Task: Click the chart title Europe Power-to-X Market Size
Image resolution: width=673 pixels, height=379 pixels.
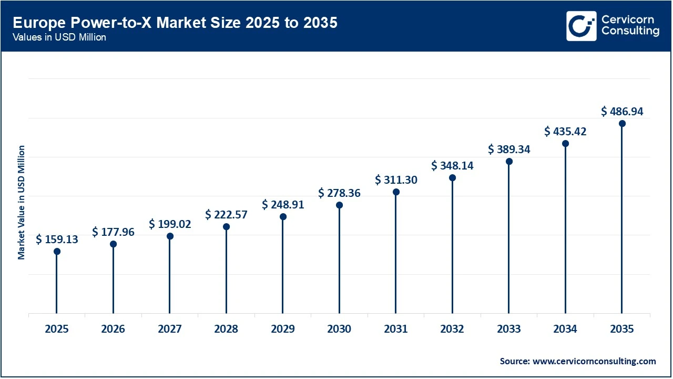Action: click(175, 23)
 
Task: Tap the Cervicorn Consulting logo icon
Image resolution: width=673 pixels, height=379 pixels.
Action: click(582, 26)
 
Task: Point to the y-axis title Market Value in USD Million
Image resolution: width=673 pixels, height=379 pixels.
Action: click(22, 202)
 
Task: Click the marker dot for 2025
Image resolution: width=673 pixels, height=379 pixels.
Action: click(57, 252)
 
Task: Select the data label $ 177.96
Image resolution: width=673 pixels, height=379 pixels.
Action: click(113, 232)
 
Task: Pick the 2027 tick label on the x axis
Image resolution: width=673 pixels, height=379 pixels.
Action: click(169, 329)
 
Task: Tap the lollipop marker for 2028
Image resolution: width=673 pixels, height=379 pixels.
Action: click(226, 227)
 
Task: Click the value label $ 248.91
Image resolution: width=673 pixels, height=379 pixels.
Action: click(283, 204)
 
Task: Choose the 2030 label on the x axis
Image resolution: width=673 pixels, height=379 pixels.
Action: click(339, 329)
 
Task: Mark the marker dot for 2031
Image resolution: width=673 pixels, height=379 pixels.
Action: click(396, 192)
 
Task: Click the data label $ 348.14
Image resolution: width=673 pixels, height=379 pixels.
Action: click(452, 166)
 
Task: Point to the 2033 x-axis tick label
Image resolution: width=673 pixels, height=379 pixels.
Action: click(509, 329)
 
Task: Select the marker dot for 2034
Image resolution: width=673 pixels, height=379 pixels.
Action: click(565, 144)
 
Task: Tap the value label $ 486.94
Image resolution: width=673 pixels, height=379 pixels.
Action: click(622, 111)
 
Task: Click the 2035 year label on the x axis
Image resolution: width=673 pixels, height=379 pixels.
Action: click(622, 329)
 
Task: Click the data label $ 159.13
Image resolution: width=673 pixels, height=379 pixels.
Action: click(57, 240)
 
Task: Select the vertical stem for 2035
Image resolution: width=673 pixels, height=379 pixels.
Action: click(622, 221)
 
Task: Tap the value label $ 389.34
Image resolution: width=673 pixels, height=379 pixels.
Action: click(509, 149)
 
